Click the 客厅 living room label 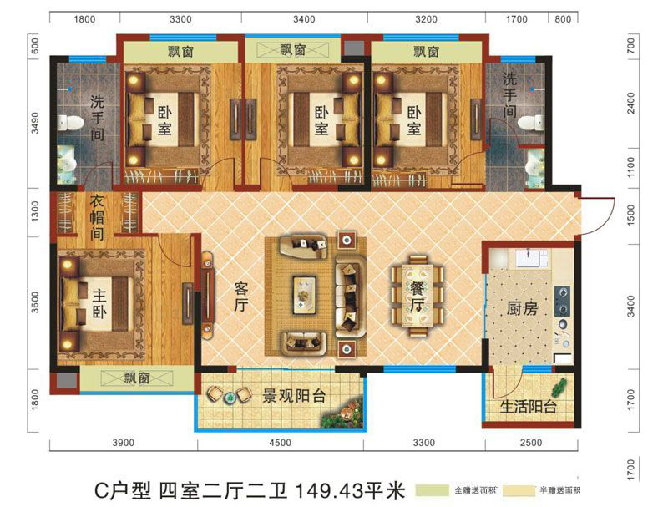pyautogui.click(x=241, y=297)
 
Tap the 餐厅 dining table pyautogui.click(x=417, y=297)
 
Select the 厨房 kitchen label pyautogui.click(x=523, y=308)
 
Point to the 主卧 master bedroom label pyautogui.click(x=99, y=304)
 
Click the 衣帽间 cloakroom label pyautogui.click(x=97, y=217)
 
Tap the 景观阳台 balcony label pyautogui.click(x=294, y=396)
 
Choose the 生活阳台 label pyautogui.click(x=529, y=407)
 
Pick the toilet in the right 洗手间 pyautogui.click(x=531, y=123)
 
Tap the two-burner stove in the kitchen pyautogui.click(x=562, y=302)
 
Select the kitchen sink pyautogui.click(x=532, y=258)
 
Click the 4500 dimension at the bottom pyautogui.click(x=280, y=443)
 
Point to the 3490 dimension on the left pyautogui.click(x=35, y=123)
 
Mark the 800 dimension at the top pyautogui.click(x=563, y=19)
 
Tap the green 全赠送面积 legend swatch pyautogui.click(x=432, y=490)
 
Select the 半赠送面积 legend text pyautogui.click(x=559, y=490)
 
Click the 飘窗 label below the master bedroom pyautogui.click(x=137, y=378)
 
